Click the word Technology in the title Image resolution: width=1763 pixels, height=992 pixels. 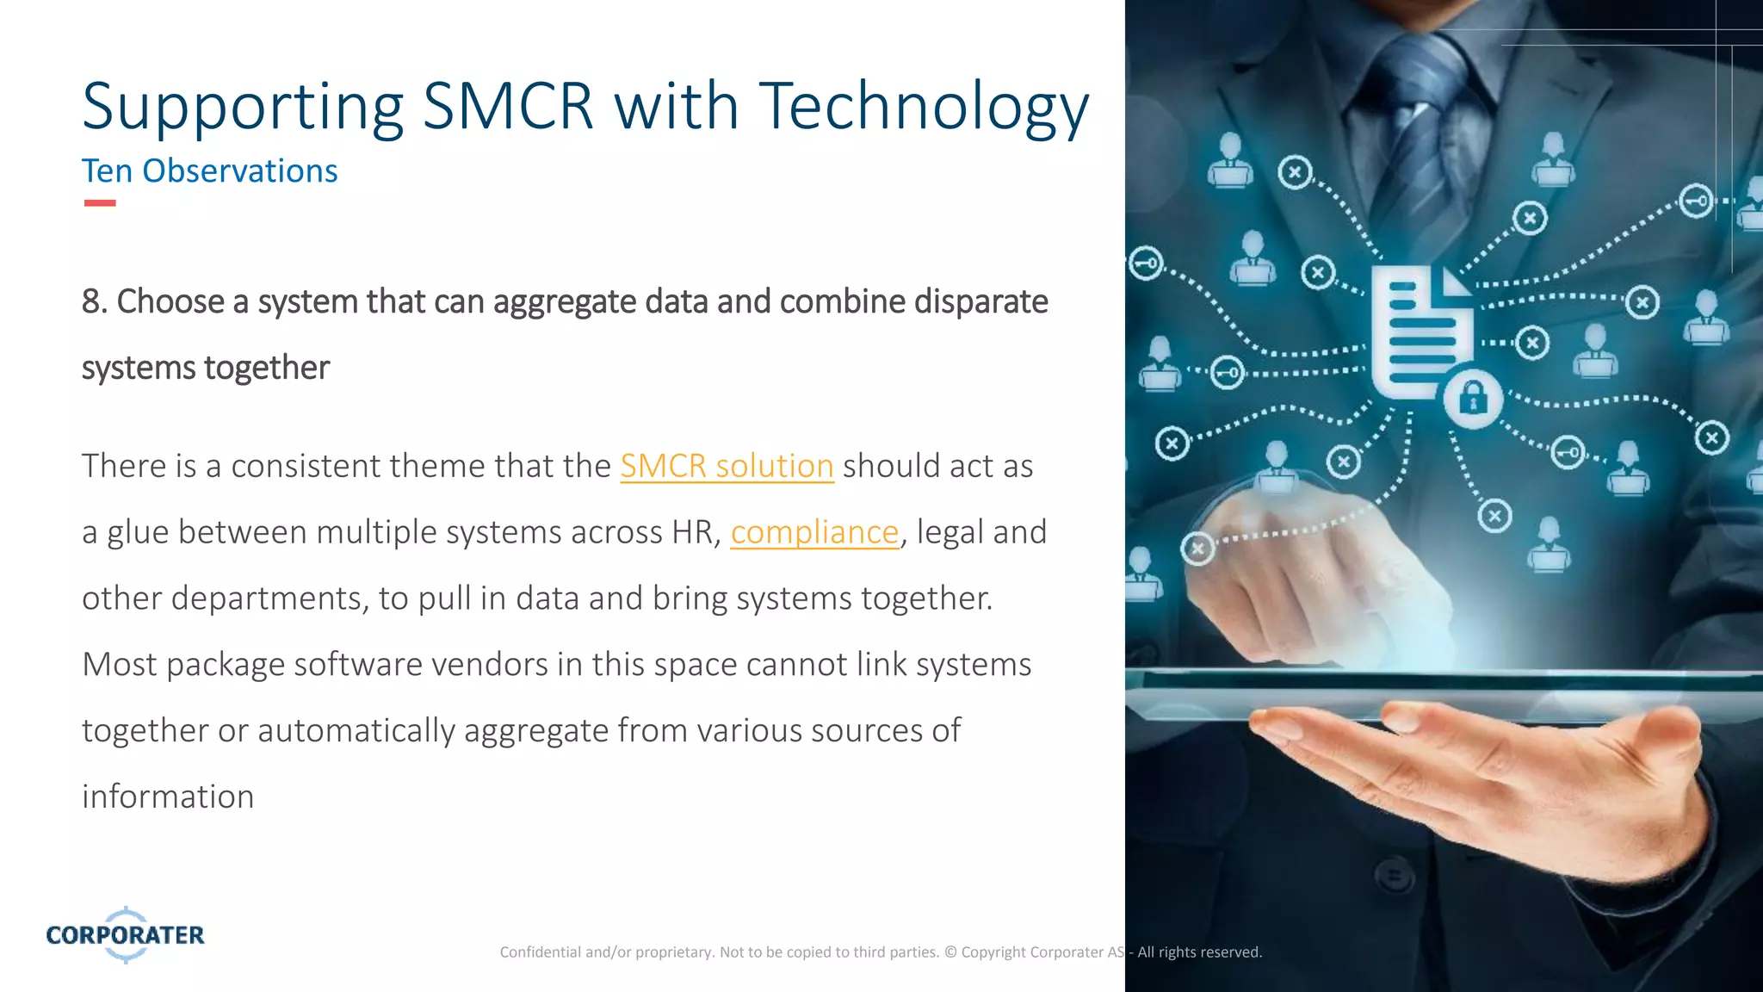924,107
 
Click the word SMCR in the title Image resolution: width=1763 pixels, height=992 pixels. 509,107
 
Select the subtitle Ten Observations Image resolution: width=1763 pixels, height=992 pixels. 209,171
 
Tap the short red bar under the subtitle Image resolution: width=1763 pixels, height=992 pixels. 100,203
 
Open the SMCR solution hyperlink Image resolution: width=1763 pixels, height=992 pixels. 727,466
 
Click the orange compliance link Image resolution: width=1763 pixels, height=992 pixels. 814,532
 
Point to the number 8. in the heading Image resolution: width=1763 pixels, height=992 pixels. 94,302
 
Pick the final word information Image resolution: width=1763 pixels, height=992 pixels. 168,797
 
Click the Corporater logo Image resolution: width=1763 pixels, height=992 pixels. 126,934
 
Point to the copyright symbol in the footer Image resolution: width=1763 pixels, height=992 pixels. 950,952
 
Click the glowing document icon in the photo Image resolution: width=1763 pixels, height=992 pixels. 1418,332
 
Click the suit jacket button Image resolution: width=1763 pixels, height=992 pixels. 1395,877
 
